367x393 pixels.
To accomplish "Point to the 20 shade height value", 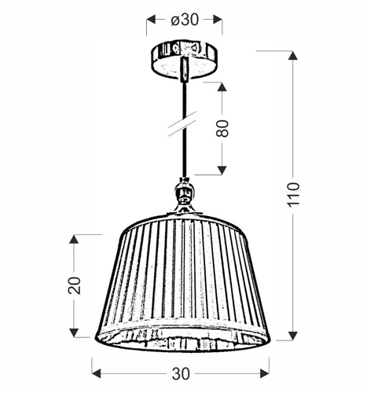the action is [75, 285].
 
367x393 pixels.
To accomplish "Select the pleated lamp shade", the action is [185, 275].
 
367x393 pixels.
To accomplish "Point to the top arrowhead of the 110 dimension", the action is [293, 57].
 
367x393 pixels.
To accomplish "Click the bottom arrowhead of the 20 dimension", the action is [75, 332].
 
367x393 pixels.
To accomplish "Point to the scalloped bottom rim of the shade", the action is [185, 338].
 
